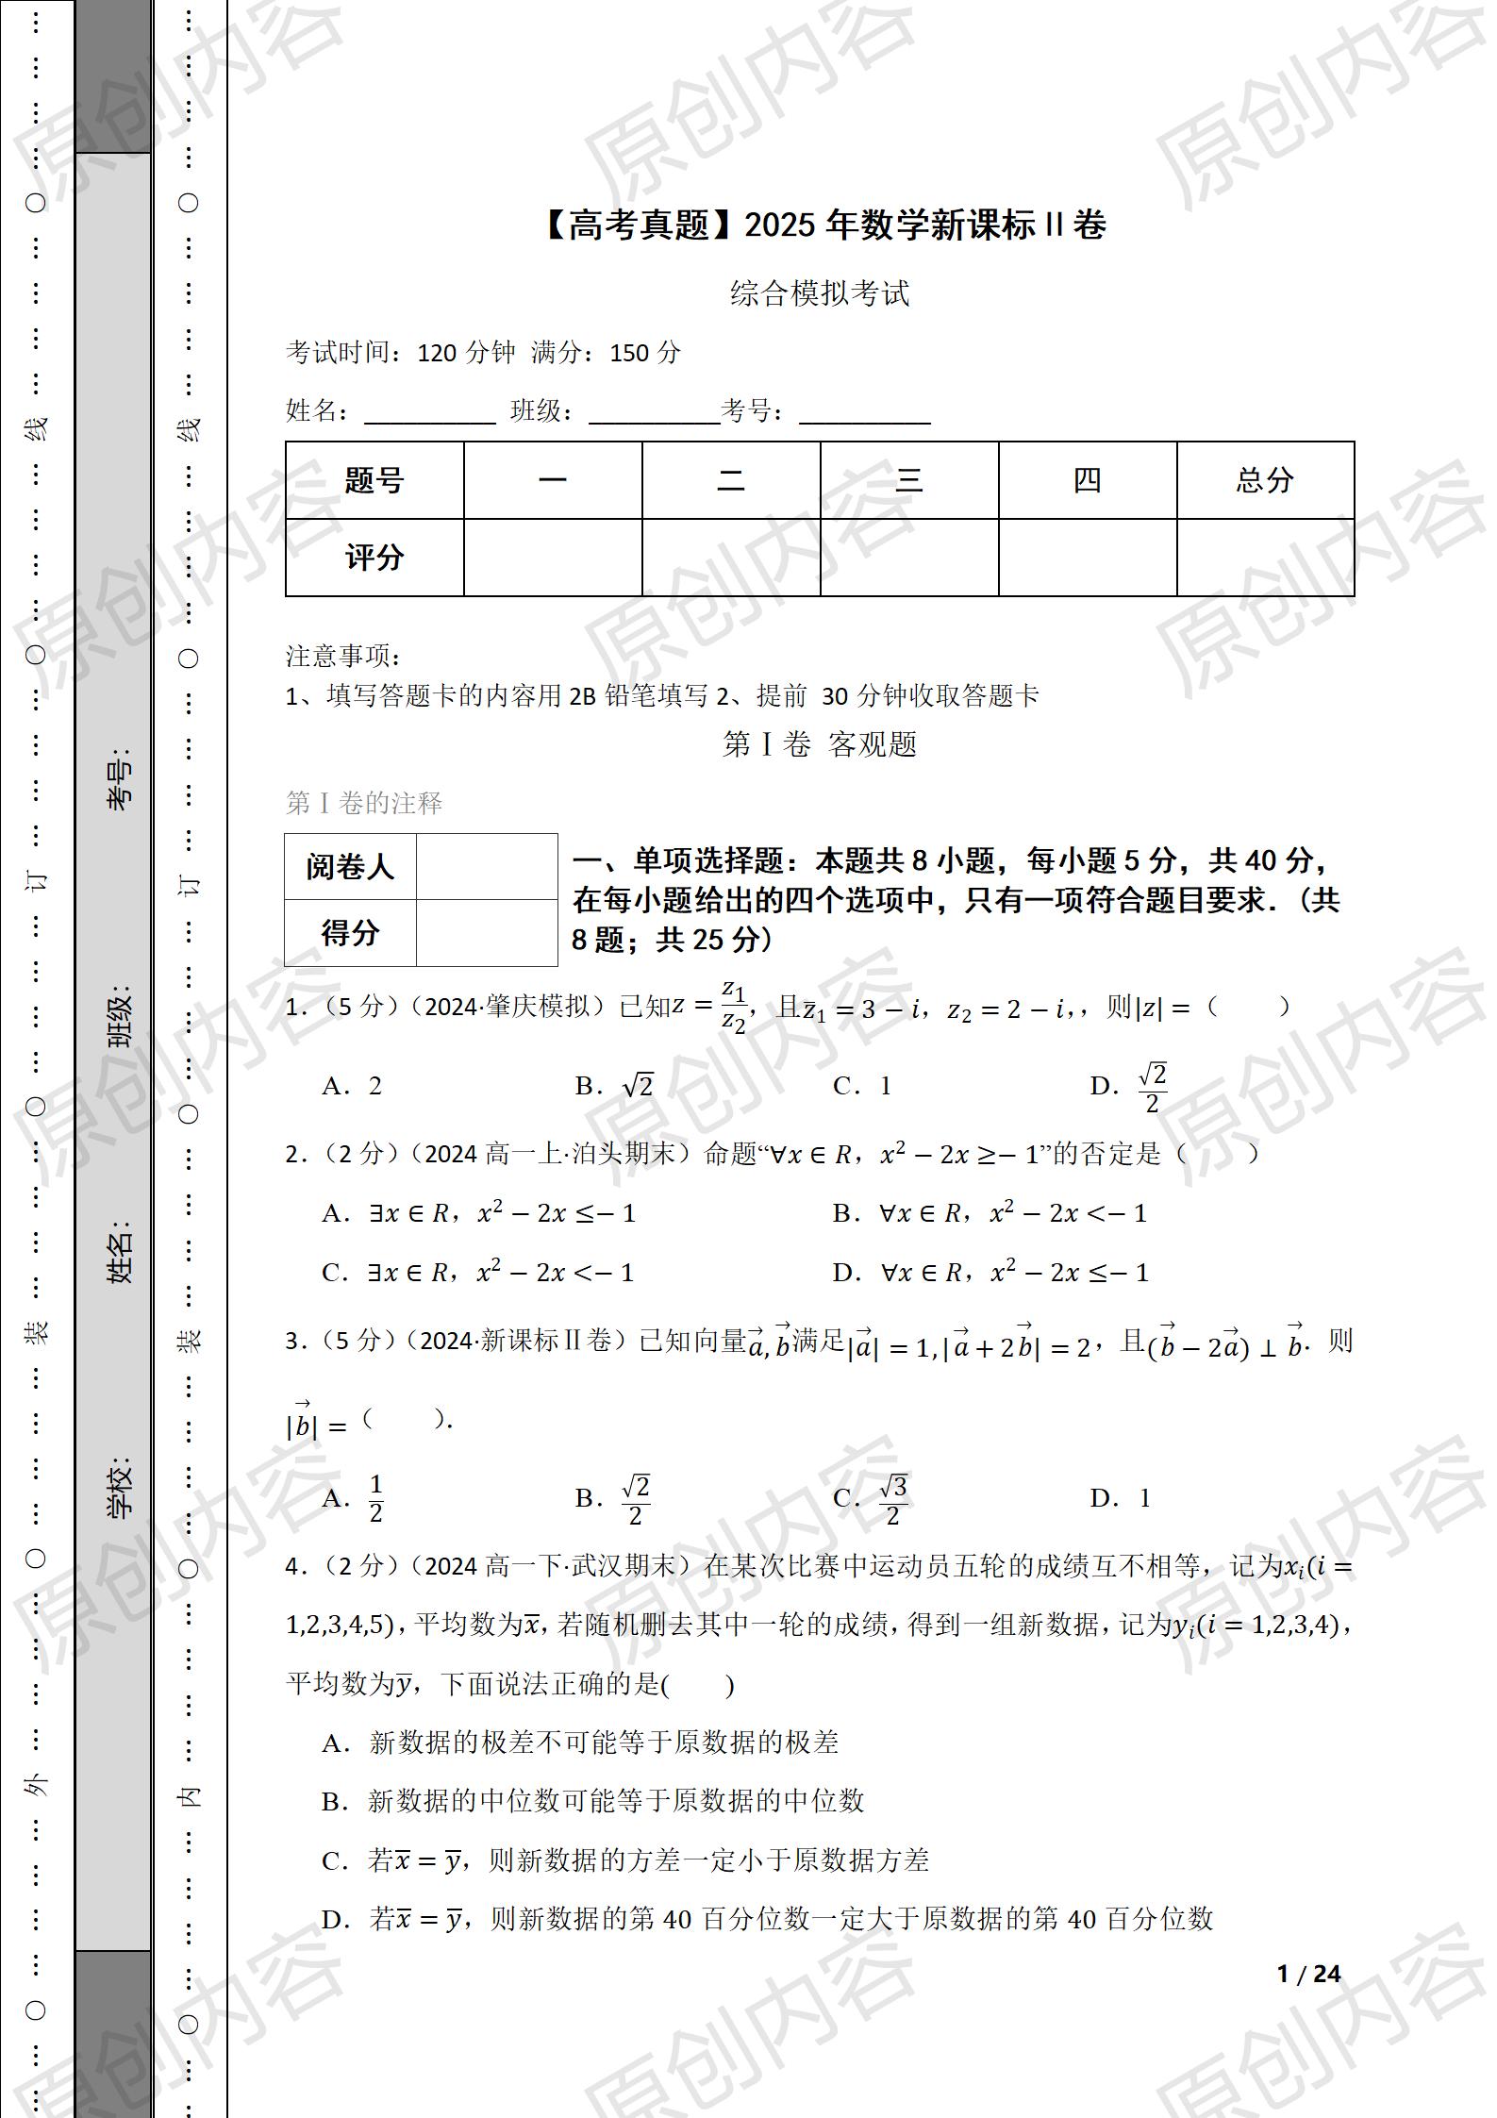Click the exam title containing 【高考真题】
pyautogui.click(x=823, y=225)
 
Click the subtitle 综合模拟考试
pyautogui.click(x=819, y=293)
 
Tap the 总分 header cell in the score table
pyautogui.click(x=1265, y=480)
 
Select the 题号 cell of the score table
pyautogui.click(x=374, y=480)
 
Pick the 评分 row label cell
pyautogui.click(x=374, y=558)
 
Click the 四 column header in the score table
pyautogui.click(x=1087, y=480)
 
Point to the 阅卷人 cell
pyautogui.click(x=350, y=866)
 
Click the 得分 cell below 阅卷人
pyautogui.click(x=350, y=933)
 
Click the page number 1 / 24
pyautogui.click(x=1308, y=1974)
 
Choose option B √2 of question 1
pyautogui.click(x=615, y=1086)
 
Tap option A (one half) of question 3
pyautogui.click(x=354, y=1498)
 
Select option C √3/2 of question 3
pyautogui.click(x=870, y=1498)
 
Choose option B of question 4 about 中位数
pyautogui.click(x=592, y=1801)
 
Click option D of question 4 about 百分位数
pyautogui.click(x=766, y=1919)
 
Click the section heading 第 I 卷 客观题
pyautogui.click(x=819, y=744)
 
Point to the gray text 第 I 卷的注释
pyautogui.click(x=364, y=803)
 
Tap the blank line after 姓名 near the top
pyautogui.click(x=429, y=413)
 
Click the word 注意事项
pyautogui.click(x=343, y=656)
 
